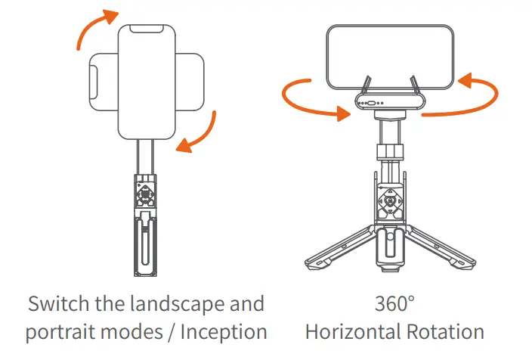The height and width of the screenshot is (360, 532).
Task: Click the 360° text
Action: pyautogui.click(x=395, y=304)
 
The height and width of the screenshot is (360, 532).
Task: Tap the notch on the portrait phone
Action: pyautogui.click(x=148, y=29)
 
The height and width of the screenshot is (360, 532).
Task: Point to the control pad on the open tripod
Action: pyautogui.click(x=391, y=206)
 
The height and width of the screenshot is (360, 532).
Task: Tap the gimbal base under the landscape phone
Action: pyautogui.click(x=388, y=104)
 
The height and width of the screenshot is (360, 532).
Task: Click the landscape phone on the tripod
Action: pyautogui.click(x=388, y=57)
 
